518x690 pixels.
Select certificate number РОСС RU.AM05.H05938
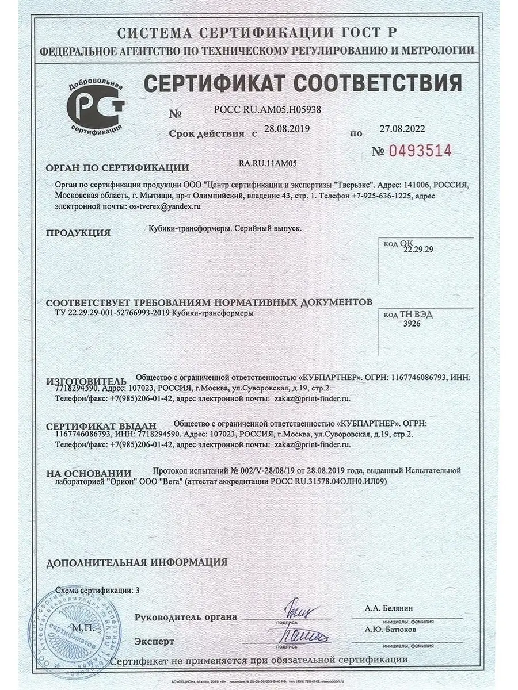[x=267, y=109]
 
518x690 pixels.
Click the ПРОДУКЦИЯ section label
[x=78, y=233]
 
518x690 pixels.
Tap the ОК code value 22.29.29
[x=418, y=250]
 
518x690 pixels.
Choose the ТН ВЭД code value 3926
[x=412, y=324]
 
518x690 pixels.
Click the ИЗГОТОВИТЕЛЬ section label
[x=86, y=382]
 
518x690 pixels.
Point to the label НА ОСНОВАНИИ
[x=89, y=473]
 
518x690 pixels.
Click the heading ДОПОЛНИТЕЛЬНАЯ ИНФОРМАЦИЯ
[x=136, y=562]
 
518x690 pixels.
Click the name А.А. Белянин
[x=389, y=608]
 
